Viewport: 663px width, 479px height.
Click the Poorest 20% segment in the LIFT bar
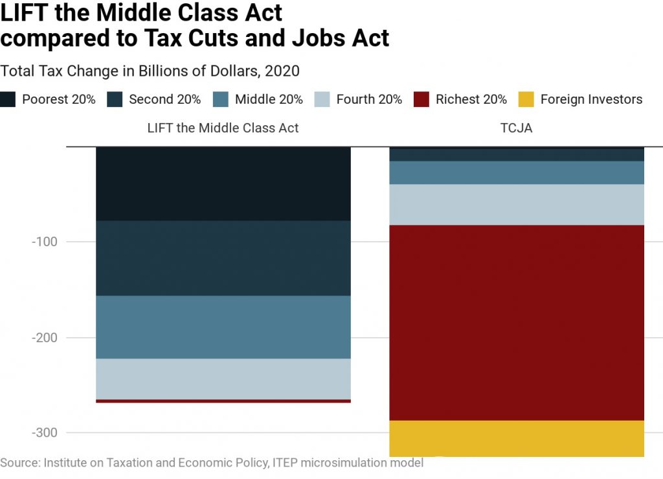pyautogui.click(x=223, y=184)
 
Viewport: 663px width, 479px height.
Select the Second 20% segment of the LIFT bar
pyautogui.click(x=223, y=258)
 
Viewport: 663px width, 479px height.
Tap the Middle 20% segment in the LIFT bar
pyautogui.click(x=223, y=327)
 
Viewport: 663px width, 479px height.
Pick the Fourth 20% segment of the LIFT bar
pyautogui.click(x=223, y=379)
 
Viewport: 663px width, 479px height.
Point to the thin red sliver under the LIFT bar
pyautogui.click(x=223, y=401)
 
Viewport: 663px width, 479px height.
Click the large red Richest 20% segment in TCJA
pyautogui.click(x=516, y=322)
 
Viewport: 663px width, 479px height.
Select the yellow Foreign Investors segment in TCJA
pyautogui.click(x=516, y=438)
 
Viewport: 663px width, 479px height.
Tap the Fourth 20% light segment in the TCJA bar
pyautogui.click(x=516, y=204)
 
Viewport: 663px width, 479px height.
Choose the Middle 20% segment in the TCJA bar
pyautogui.click(x=516, y=172)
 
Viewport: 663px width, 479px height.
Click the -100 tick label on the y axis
pyautogui.click(x=45, y=242)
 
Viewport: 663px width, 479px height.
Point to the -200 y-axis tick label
pyautogui.click(x=45, y=337)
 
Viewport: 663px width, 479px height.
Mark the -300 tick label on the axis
pyautogui.click(x=45, y=432)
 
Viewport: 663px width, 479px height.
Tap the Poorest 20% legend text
pyautogui.click(x=59, y=99)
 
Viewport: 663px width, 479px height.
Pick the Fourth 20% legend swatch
pyautogui.click(x=322, y=99)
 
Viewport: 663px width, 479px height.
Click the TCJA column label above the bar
pyautogui.click(x=516, y=128)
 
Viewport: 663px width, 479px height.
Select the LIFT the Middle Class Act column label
pyautogui.click(x=223, y=128)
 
